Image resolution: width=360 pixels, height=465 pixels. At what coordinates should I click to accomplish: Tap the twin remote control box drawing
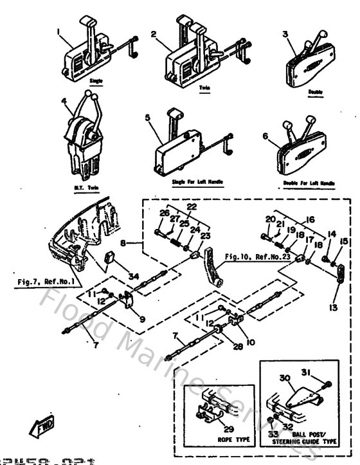pyautogui.click(x=193, y=58)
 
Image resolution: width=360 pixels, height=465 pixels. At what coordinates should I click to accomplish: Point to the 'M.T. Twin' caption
pyautogui.click(x=82, y=187)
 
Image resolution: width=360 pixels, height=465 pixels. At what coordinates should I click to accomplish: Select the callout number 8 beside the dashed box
pyautogui.click(x=132, y=244)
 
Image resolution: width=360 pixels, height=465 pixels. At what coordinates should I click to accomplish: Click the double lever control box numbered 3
pyautogui.click(x=309, y=64)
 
